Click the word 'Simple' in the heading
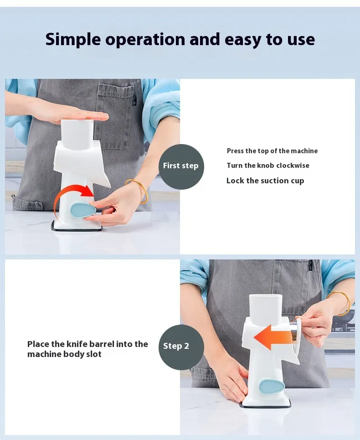73,40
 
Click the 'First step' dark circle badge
181,166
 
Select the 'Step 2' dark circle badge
181,347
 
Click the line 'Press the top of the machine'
272,151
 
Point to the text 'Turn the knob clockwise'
268,165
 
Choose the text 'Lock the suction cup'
265,181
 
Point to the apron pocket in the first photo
115,118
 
